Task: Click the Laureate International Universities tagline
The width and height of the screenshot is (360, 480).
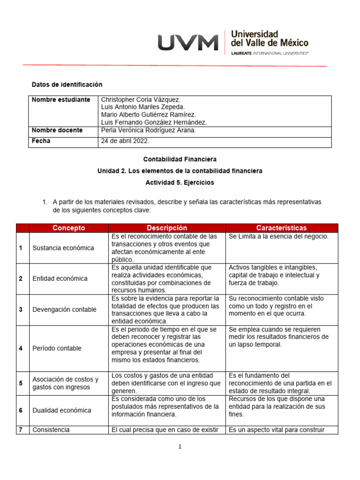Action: tap(270, 53)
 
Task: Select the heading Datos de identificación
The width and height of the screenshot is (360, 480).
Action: tap(67, 84)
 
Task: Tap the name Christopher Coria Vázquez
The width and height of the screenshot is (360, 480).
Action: tap(141, 100)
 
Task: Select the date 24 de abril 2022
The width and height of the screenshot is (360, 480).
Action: tap(125, 141)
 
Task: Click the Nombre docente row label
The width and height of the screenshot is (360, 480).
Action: tap(57, 130)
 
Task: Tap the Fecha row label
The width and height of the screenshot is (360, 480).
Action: tap(41, 141)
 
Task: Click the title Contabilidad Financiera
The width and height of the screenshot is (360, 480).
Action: tap(180, 159)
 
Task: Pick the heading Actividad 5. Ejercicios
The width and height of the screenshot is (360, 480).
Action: tap(180, 182)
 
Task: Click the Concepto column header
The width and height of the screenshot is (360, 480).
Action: tap(69, 228)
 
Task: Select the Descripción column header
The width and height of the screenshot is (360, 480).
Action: tap(167, 228)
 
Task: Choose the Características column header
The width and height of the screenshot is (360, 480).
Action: tap(281, 228)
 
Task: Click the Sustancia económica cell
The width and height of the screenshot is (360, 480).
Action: tap(63, 248)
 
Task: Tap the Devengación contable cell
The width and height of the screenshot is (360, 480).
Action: tap(65, 309)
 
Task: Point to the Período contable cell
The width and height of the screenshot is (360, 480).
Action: tap(57, 348)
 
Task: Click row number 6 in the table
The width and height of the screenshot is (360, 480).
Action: tap(21, 410)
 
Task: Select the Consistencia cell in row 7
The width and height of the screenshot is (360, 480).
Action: tap(51, 430)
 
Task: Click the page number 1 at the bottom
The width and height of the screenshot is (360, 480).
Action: tap(180, 447)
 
